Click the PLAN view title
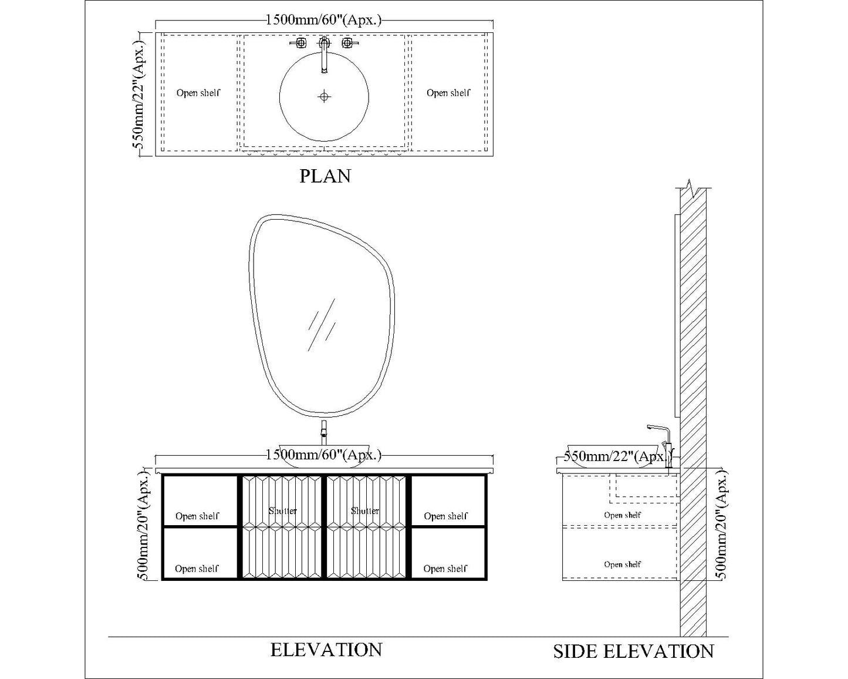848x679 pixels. (x=325, y=176)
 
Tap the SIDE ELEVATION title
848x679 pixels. (x=633, y=651)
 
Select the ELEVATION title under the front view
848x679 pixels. (x=326, y=650)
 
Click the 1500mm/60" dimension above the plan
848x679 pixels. (x=323, y=20)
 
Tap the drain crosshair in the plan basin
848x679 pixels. (x=324, y=96)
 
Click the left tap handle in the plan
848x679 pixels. (x=300, y=43)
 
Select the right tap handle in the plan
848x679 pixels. (x=347, y=43)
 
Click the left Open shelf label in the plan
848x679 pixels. (x=198, y=93)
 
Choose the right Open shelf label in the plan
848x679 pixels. (x=448, y=93)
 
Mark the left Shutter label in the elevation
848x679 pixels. (x=283, y=511)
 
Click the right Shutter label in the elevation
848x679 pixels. (x=365, y=511)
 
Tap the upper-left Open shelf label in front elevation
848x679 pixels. (x=197, y=516)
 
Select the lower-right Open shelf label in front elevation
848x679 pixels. (x=445, y=569)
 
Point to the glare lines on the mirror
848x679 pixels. (x=322, y=325)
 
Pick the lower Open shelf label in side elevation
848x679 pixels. (x=623, y=564)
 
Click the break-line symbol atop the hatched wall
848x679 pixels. (x=693, y=189)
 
